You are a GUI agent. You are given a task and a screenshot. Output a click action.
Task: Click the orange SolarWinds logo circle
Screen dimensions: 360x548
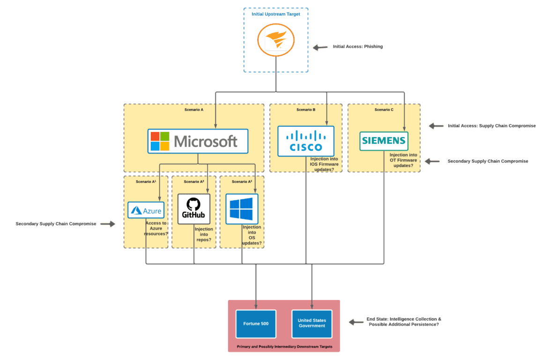[276, 40]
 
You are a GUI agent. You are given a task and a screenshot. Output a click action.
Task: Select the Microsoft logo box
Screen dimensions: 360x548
[198, 141]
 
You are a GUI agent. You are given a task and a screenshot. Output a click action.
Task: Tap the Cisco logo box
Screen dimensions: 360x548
[305, 141]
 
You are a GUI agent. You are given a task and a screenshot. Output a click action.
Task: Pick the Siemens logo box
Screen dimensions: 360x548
[384, 141]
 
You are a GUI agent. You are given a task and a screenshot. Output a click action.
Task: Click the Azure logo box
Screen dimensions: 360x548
[146, 210]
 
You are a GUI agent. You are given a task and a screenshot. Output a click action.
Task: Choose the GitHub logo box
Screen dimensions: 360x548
[194, 209]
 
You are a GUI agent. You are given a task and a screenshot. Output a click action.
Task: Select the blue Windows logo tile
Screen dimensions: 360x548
[241, 209]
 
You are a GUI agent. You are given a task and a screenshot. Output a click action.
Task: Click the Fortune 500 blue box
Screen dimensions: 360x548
[256, 323]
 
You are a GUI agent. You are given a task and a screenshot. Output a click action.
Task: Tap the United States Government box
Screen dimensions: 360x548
[311, 323]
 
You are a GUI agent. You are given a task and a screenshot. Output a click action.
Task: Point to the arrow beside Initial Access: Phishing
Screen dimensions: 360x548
[320, 47]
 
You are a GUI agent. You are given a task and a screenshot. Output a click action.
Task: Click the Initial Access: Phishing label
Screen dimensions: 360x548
[358, 47]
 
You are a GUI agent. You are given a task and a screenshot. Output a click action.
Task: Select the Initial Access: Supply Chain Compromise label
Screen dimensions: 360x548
[492, 126]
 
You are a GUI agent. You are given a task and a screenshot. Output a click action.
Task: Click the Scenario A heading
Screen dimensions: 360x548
[194, 110]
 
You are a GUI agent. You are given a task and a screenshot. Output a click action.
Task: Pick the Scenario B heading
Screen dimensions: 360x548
[306, 110]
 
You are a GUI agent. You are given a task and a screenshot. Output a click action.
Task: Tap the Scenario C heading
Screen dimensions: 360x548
[384, 110]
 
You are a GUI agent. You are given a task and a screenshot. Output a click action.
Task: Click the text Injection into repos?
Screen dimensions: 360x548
[204, 235]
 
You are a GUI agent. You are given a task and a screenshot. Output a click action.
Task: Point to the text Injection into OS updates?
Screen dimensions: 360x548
[252, 235]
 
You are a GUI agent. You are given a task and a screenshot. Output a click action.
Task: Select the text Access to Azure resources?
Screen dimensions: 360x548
[156, 228]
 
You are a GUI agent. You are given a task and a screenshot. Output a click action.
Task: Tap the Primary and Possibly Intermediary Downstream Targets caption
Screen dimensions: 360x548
[283, 347]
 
